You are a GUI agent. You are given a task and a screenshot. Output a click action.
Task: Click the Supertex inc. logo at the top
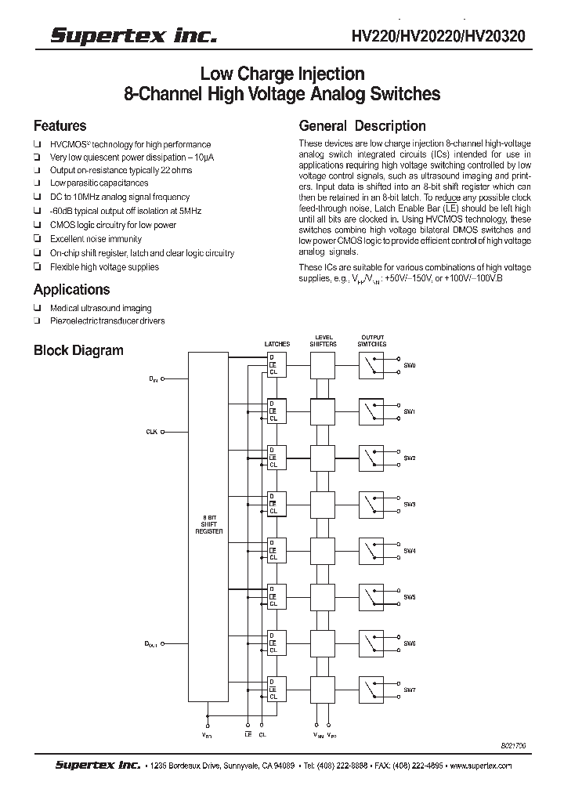(x=134, y=35)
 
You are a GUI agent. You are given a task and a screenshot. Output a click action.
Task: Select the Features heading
(x=60, y=126)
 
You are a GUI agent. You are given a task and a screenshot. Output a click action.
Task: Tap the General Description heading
(x=363, y=126)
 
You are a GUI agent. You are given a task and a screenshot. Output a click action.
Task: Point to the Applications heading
(x=71, y=290)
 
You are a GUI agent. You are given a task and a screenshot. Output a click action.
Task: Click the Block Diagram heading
(x=78, y=350)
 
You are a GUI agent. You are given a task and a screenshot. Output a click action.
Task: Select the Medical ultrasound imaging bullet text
(x=100, y=309)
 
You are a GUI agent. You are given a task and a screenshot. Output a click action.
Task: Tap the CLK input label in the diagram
(x=151, y=432)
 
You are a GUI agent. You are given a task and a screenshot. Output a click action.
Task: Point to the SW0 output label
(x=410, y=366)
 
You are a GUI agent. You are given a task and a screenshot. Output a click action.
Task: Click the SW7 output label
(x=410, y=690)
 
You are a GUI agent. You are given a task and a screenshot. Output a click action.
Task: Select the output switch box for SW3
(x=371, y=504)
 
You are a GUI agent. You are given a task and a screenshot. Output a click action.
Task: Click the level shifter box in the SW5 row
(x=323, y=597)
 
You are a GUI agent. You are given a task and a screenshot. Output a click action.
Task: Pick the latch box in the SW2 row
(x=277, y=458)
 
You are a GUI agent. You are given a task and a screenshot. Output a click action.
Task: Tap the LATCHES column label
(x=277, y=344)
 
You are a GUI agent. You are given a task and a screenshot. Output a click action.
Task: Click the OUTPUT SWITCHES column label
(x=371, y=341)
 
